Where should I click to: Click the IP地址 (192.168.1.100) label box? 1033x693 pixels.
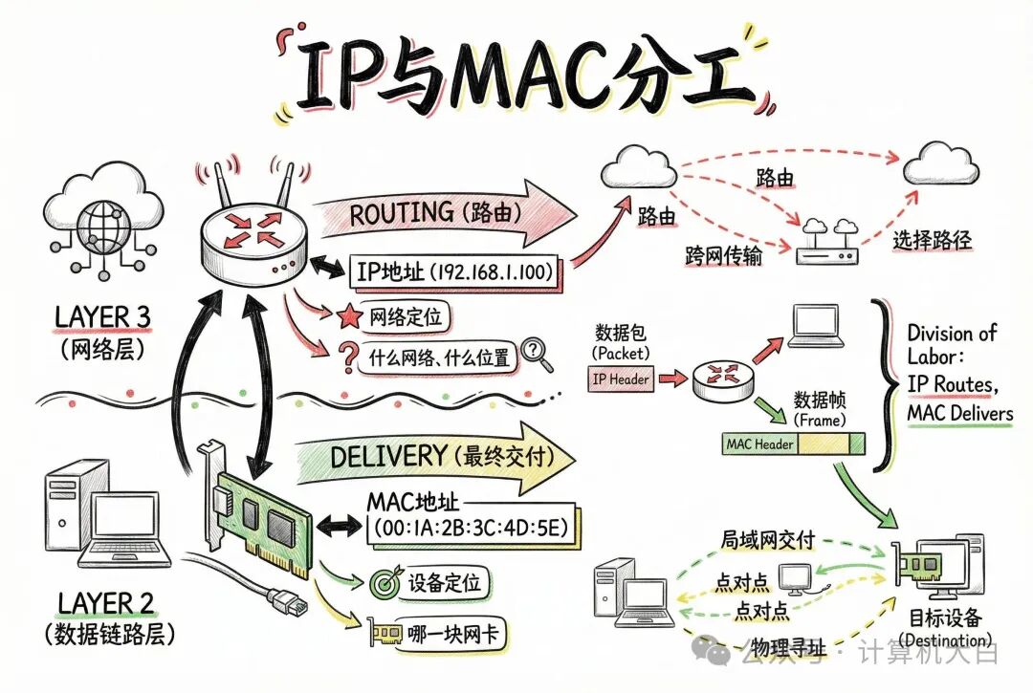tap(455, 272)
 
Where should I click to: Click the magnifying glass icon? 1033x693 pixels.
tap(538, 355)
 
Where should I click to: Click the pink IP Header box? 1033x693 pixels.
tap(621, 379)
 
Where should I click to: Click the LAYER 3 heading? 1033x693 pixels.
tap(103, 315)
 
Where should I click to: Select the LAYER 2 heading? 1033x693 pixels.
tap(106, 603)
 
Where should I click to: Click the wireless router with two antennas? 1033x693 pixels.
tap(253, 234)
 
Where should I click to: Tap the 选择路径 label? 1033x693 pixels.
tap(933, 240)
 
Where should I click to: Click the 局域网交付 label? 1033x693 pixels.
tap(768, 540)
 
